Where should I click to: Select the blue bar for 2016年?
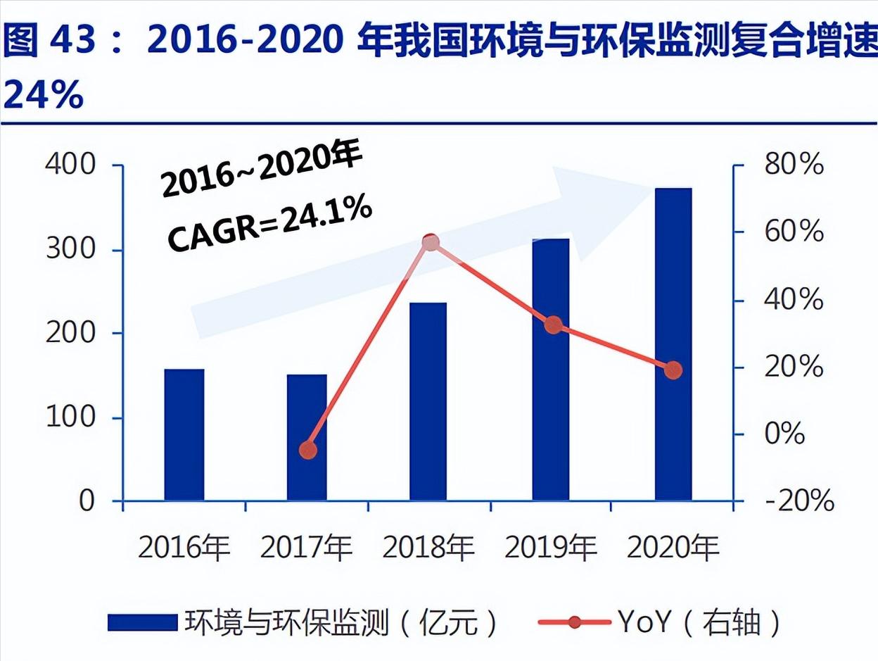pyautogui.click(x=184, y=434)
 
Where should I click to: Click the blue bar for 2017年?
pyautogui.click(x=307, y=437)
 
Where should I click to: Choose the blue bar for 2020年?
pyautogui.click(x=673, y=344)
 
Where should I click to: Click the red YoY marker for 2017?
pyautogui.click(x=307, y=450)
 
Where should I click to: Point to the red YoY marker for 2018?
pyautogui.click(x=431, y=243)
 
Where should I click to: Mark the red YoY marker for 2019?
pyautogui.click(x=553, y=325)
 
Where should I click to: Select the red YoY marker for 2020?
pyautogui.click(x=673, y=370)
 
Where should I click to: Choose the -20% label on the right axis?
pyautogui.click(x=799, y=501)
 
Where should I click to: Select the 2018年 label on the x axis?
pyautogui.click(x=428, y=548)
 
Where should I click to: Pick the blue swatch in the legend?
pyautogui.click(x=143, y=622)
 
